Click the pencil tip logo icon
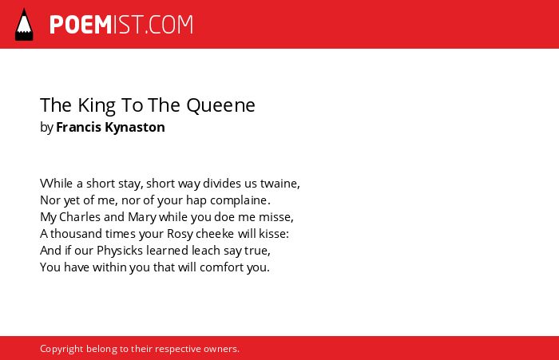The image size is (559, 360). [x=24, y=24]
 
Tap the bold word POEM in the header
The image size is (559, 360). [x=81, y=25]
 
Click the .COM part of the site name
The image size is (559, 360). [x=169, y=25]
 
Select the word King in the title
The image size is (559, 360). [x=97, y=105]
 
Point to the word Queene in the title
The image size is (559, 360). [x=220, y=105]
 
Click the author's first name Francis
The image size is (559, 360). [x=79, y=127]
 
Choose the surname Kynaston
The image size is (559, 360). [x=135, y=128]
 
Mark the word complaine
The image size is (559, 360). [x=240, y=200]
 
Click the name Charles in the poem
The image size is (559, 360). [x=80, y=217]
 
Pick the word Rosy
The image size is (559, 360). [x=180, y=234]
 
